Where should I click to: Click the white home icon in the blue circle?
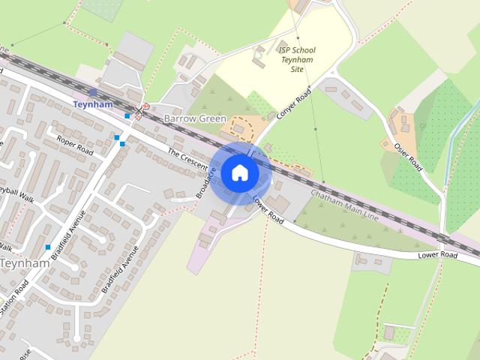239,173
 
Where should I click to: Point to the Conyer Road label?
292,106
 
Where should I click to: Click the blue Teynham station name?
93,105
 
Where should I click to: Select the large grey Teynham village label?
24,263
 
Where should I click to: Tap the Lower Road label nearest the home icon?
267,211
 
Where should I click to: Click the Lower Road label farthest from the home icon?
437,256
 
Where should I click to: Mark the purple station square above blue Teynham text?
92,92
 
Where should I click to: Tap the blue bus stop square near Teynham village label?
48,247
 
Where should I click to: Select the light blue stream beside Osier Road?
452,139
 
